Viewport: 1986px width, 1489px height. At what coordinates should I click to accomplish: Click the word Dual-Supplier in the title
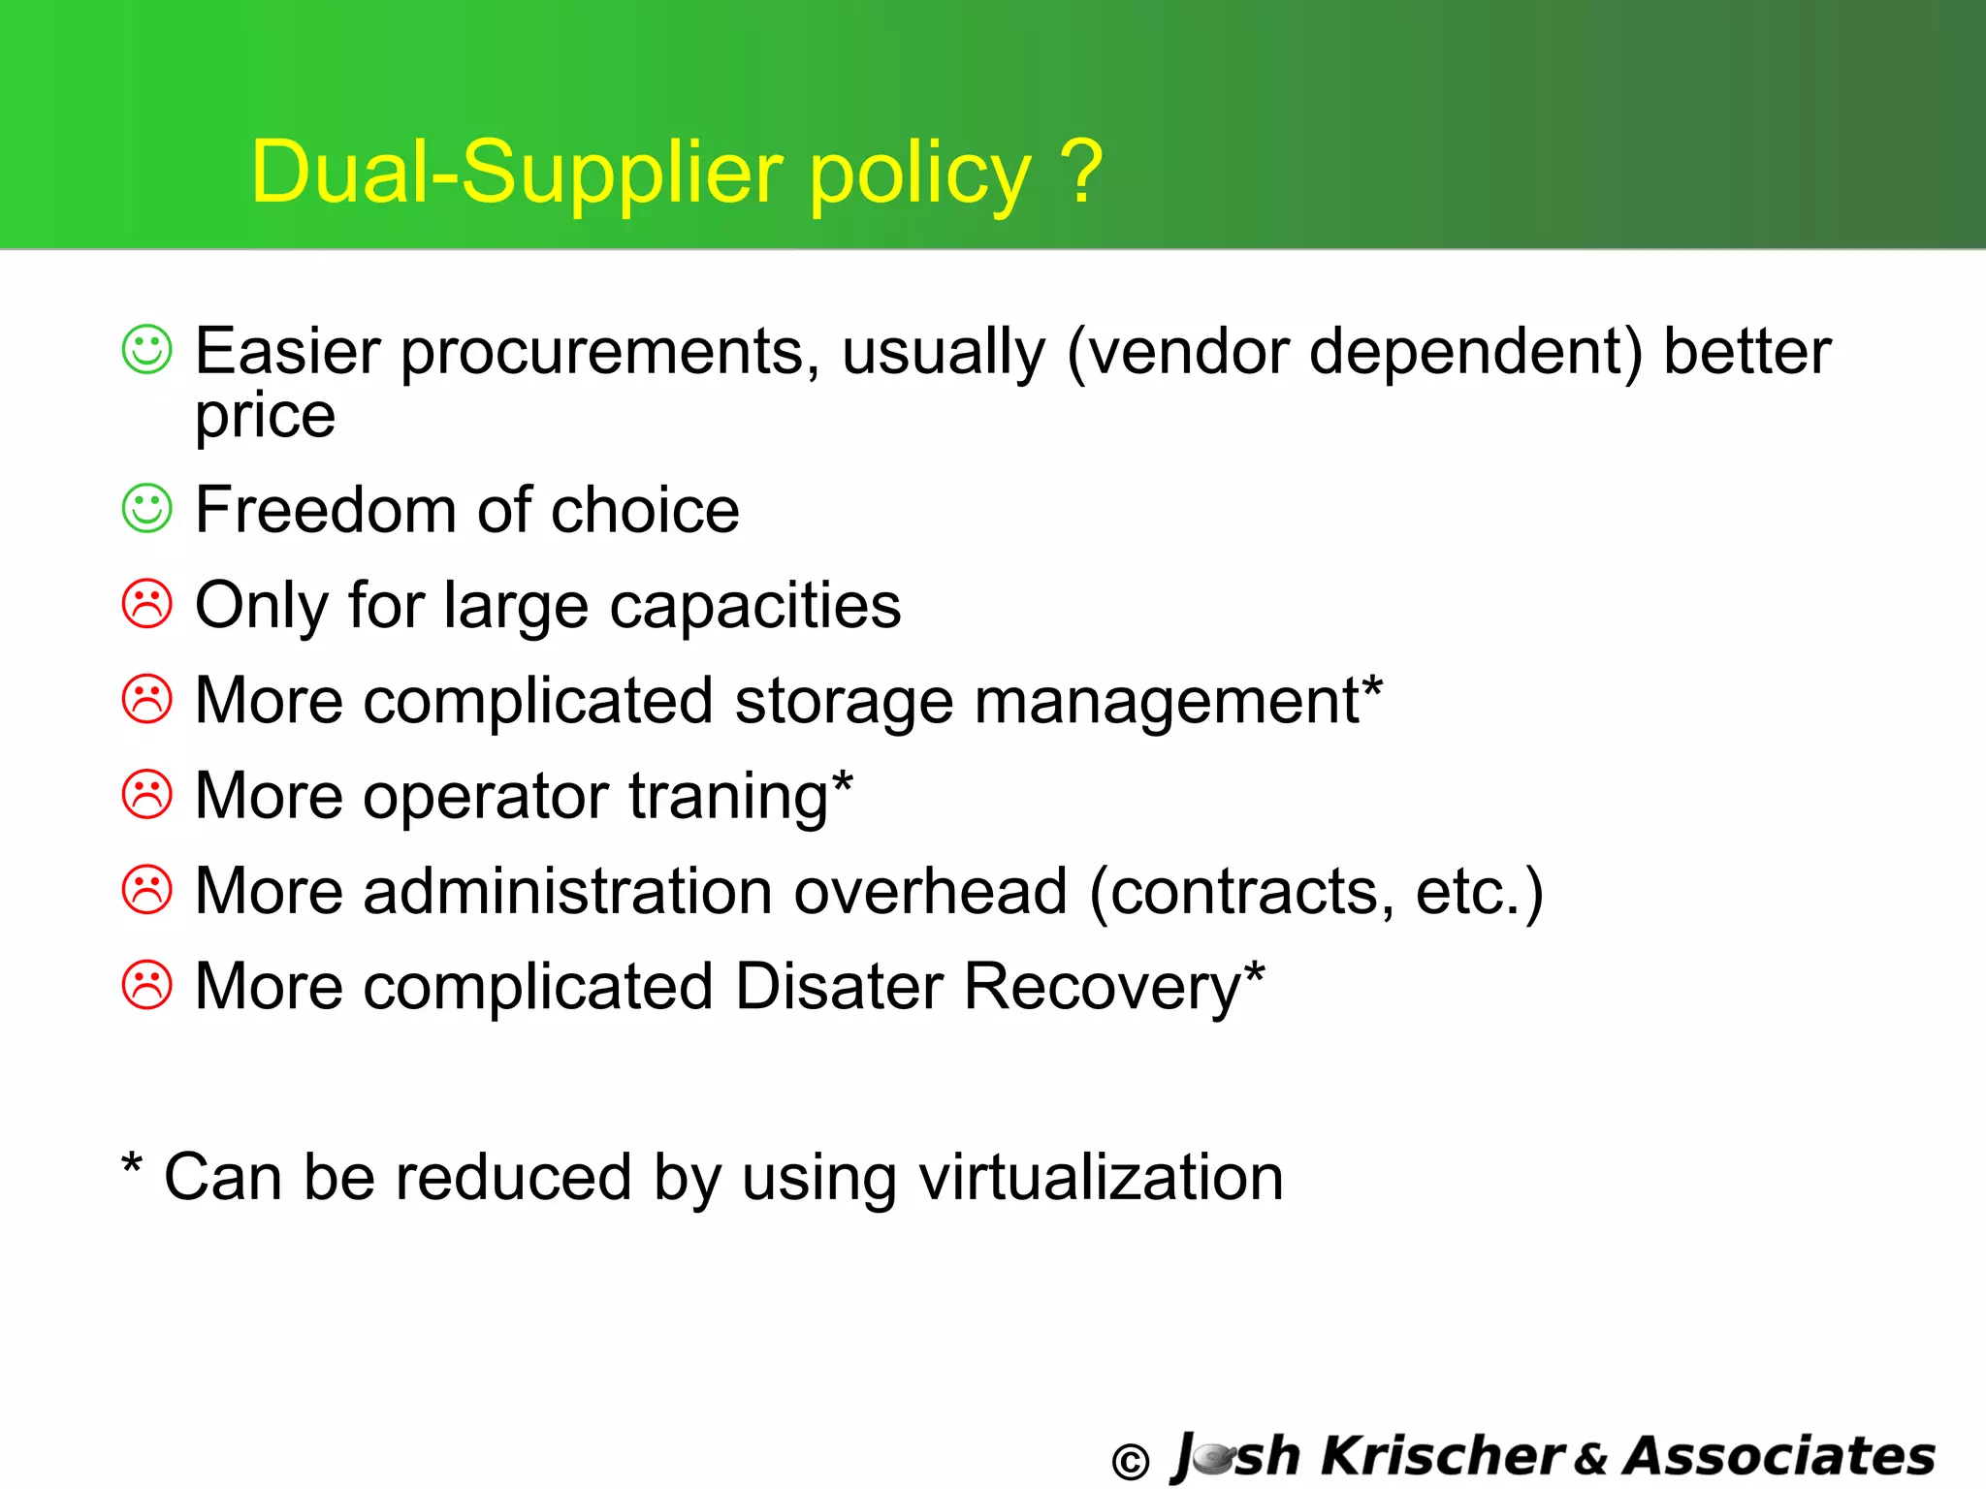pos(515,173)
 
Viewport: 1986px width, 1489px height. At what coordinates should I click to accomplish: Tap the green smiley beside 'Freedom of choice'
pos(147,508)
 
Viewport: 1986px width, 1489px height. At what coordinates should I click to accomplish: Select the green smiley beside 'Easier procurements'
pos(147,349)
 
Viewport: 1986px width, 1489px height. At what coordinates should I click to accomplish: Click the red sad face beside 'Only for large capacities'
pos(147,604)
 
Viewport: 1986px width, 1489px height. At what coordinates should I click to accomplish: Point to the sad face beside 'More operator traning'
pos(147,795)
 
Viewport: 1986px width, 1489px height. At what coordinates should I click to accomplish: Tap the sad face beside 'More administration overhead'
pos(147,890)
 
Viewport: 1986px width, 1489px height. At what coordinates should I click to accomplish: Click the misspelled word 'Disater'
pos(839,986)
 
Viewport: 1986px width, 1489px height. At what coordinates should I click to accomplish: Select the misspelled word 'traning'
pos(727,797)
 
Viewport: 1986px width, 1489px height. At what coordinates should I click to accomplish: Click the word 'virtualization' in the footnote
pos(1101,1177)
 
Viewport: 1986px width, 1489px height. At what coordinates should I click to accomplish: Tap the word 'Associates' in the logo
pos(1779,1456)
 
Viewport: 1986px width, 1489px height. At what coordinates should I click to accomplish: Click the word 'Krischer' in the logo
pos(1443,1456)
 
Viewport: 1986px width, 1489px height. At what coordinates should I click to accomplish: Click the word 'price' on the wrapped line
pos(265,417)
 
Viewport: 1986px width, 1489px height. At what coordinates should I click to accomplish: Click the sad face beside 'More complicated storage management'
pos(147,699)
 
